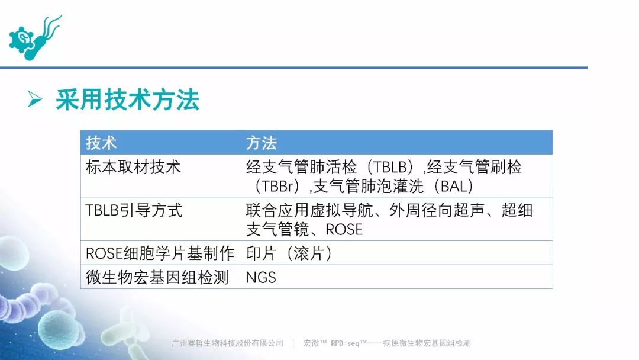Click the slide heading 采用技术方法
pos(127,99)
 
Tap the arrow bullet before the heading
pos(35,99)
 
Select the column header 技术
pos(101,143)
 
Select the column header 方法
pos(262,143)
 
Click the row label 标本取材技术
pos(133,167)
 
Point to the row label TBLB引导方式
pos(134,210)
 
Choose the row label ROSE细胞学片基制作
pos(160,253)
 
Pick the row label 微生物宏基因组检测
pos(157,277)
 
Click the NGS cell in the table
pos(261,278)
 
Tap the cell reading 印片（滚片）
pos(289,253)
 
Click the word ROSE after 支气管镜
pos(344,230)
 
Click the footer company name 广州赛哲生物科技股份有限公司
pos(227,343)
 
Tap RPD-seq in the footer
pos(345,343)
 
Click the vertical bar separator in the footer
pos(293,343)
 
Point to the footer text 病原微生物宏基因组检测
pos(427,343)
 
